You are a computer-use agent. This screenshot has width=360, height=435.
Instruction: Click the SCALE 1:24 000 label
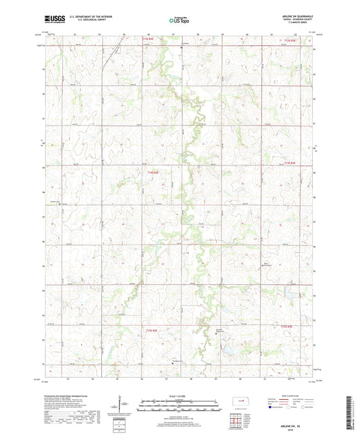coord(179,395)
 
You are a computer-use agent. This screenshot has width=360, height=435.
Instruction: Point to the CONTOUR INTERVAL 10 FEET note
coord(179,413)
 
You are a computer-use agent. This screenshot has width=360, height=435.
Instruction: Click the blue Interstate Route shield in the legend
coord(272,407)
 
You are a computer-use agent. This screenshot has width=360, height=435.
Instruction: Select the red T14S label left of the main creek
coord(153,172)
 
